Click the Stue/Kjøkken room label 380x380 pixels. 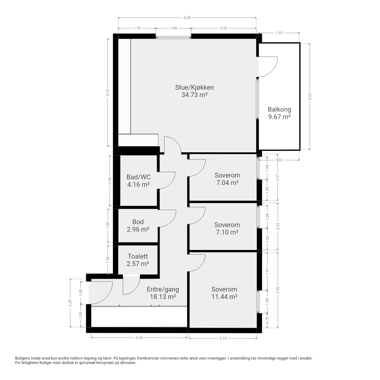(194, 87)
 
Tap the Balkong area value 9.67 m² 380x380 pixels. (279, 117)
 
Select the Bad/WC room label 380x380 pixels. (138, 177)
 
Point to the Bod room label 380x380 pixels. (138, 222)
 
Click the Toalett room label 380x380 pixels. (138, 256)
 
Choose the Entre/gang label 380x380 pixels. (163, 289)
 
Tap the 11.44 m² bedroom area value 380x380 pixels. (224, 297)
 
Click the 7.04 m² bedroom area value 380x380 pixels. (228, 183)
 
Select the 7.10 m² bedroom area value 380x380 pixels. (227, 232)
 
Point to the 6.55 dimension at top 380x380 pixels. (187, 18)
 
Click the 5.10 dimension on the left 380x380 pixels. (108, 93)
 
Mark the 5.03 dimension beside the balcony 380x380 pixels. (310, 96)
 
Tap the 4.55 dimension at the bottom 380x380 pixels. (139, 338)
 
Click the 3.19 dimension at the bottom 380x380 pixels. (223, 338)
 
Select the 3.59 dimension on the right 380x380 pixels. (278, 290)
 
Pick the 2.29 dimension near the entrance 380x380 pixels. (70, 303)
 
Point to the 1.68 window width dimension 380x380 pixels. (173, 28)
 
